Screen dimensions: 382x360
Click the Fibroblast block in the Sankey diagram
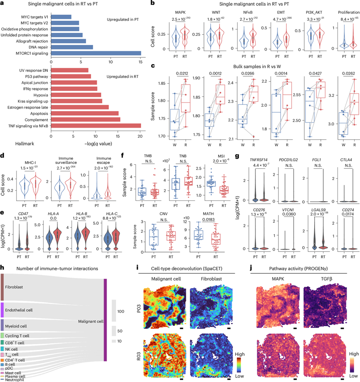point(2,287)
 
